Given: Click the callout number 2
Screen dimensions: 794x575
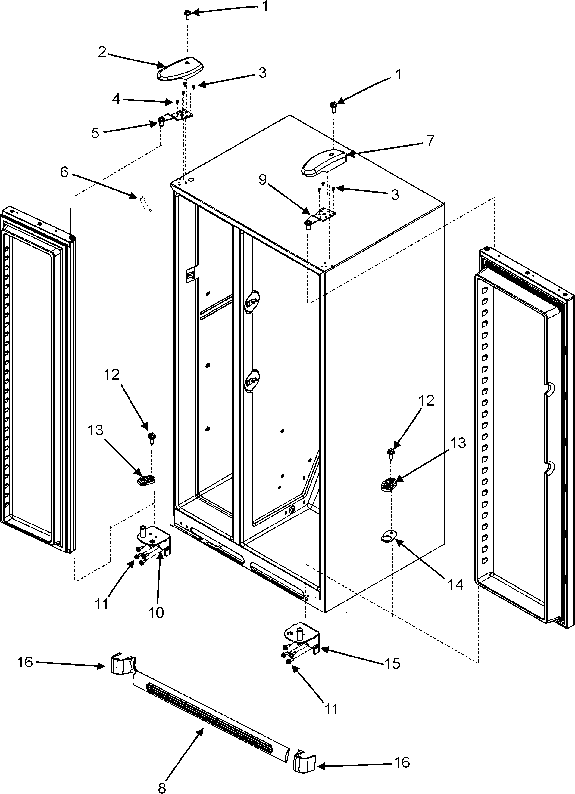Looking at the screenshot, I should (102, 52).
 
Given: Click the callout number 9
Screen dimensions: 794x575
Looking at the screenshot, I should (262, 180).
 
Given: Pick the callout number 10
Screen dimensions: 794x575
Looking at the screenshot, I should (156, 613).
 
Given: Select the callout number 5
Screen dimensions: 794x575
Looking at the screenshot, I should (95, 133).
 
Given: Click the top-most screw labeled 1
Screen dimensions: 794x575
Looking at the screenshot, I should (187, 14).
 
